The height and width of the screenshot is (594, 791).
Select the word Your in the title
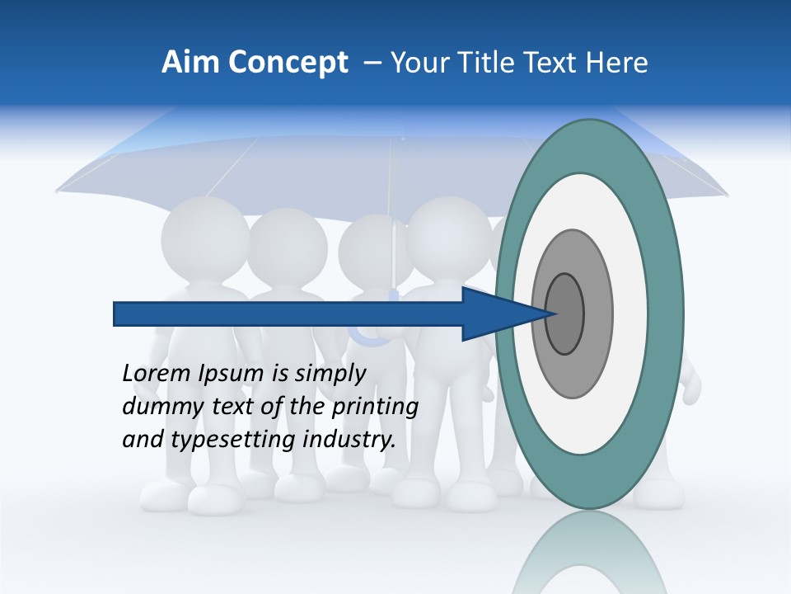pos(419,63)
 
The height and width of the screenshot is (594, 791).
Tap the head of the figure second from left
pos(287,244)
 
